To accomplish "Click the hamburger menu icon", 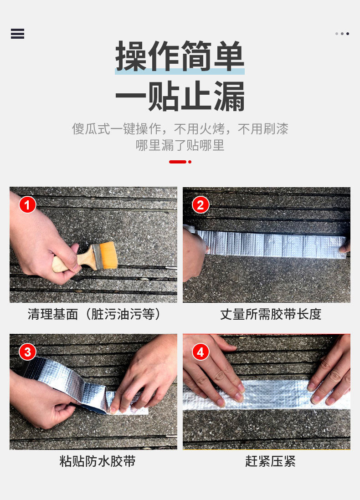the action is pos(18,34).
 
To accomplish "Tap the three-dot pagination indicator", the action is pos(342,34).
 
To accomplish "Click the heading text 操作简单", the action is pos(180,56).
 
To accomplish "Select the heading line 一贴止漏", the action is pos(180,96).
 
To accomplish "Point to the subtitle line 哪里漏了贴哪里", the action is pos(180,145).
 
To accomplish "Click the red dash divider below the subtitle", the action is pos(180,162).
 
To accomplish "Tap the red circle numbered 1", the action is pos(27,205).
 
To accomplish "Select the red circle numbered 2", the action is pos(201,205).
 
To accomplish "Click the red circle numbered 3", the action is pos(27,352).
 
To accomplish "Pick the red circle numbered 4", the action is pos(201,352).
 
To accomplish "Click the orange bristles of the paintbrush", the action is pos(109,255).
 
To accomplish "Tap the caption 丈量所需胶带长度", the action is pos(271,314).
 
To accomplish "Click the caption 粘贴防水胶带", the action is pos(98,461).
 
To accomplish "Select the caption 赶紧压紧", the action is pos(270,461).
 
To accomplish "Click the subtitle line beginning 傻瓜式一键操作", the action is pos(180,129).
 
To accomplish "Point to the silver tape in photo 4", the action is pos(267,395).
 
